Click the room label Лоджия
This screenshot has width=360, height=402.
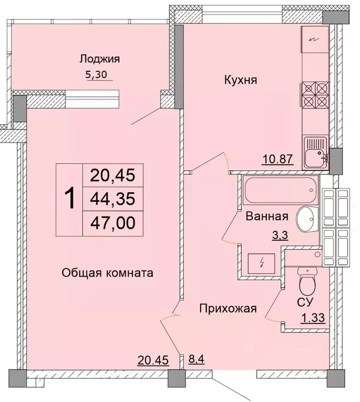point(99,59)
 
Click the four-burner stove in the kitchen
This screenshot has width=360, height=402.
point(314,95)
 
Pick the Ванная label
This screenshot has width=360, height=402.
point(267,216)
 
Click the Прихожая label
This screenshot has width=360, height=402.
point(228,308)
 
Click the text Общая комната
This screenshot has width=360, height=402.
point(107,273)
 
